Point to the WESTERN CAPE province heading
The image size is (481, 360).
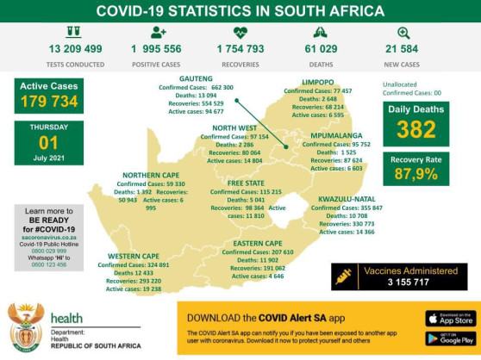(134, 257)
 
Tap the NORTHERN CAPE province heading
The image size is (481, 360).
(152, 175)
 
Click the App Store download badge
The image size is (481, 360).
(450, 318)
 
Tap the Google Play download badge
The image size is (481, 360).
(450, 338)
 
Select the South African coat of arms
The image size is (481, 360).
(25, 327)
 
